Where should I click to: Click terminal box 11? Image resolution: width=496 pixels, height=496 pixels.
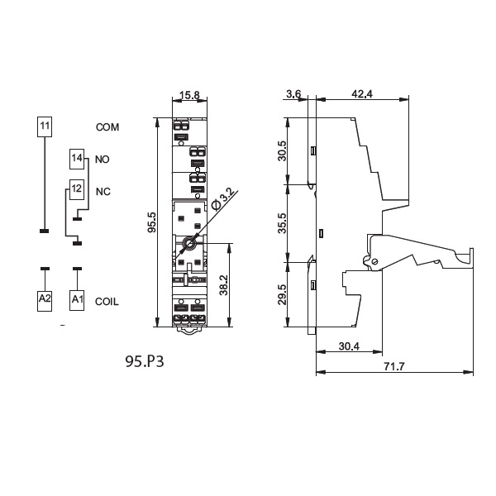tap(45, 126)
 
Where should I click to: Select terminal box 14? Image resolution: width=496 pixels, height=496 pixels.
tap(77, 159)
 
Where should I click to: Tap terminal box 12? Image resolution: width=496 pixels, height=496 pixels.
tap(77, 190)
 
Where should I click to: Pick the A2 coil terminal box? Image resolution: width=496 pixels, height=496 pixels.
tap(45, 301)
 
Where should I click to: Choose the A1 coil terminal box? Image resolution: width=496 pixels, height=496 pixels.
tap(77, 301)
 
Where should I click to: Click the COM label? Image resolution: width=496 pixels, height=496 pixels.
tap(107, 127)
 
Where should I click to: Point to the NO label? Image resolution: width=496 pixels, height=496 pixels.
tap(103, 160)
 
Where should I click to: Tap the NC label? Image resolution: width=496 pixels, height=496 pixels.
tap(103, 192)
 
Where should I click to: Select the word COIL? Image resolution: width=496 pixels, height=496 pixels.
tap(107, 302)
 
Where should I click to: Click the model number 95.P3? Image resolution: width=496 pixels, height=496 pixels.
tap(145, 361)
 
